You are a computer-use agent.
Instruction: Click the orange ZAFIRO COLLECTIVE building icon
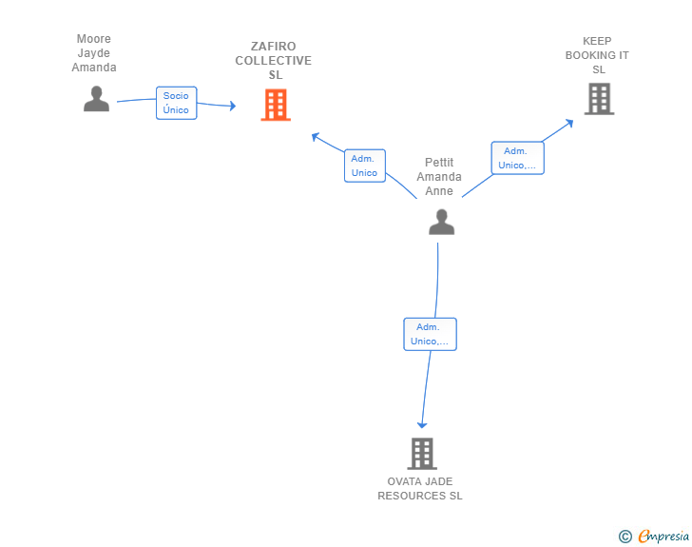coord(276,105)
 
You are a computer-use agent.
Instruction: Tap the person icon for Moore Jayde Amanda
coord(96,99)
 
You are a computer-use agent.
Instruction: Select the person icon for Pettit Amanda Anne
coord(441,222)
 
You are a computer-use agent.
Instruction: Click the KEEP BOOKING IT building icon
coord(599,99)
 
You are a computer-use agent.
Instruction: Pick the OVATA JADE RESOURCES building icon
coord(422,454)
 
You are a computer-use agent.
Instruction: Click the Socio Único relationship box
coord(176,103)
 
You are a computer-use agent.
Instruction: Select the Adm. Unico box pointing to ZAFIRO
coord(365,166)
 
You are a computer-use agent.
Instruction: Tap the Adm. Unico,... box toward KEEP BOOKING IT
coord(518,158)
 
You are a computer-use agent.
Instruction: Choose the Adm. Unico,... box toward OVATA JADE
coord(430,334)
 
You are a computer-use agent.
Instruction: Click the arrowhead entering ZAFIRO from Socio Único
coord(233,106)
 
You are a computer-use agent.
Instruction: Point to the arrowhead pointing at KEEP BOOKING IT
coord(569,123)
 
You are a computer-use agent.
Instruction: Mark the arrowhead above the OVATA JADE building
coord(422,425)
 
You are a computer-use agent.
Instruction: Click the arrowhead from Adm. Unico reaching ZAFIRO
coord(316,137)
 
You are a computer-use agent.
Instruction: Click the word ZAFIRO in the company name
coord(274,47)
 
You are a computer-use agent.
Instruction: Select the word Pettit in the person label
coord(439,162)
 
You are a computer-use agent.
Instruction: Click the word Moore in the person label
coord(94,39)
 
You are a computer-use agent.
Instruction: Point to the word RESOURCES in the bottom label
coord(412,496)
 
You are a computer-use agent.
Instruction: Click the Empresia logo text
coord(663,537)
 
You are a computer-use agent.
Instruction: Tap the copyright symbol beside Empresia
coord(625,537)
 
